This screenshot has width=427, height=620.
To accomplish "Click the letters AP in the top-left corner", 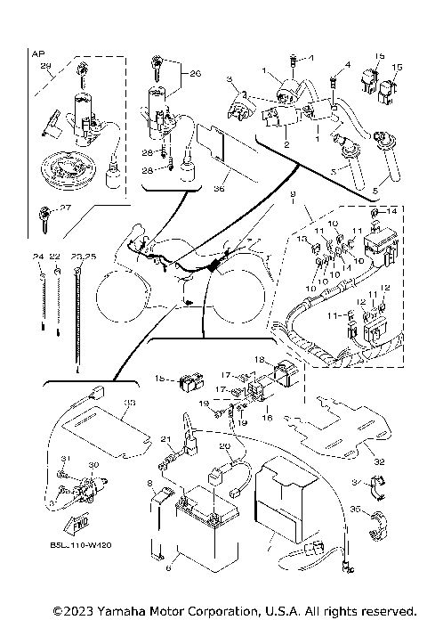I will point(37,54).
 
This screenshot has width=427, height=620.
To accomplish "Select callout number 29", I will point(46,67).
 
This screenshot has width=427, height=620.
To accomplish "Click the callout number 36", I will point(218,188).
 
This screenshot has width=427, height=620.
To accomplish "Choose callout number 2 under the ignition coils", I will point(286,143).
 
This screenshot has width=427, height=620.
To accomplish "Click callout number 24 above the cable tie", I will point(38,257).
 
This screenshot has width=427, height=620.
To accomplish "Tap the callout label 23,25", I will point(85,257).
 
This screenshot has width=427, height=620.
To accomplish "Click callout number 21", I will point(165,440).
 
